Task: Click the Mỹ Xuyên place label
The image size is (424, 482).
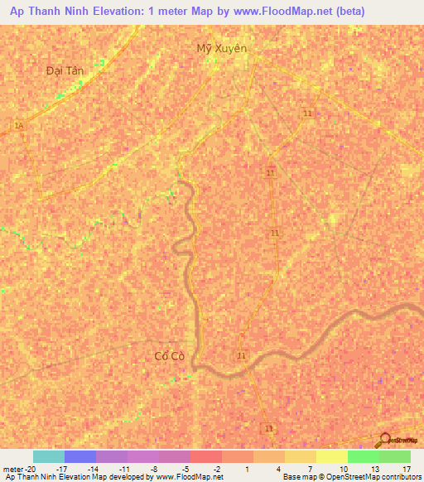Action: (222, 48)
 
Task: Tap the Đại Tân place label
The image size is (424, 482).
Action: (65, 71)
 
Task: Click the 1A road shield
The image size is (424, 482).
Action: (18, 125)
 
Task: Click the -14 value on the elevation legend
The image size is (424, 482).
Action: (93, 468)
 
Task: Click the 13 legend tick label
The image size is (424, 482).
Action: (374, 468)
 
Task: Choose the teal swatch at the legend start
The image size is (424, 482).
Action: (49, 456)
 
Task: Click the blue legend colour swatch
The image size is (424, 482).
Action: (80, 456)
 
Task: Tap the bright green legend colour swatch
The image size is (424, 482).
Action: (364, 456)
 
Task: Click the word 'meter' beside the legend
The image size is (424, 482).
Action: (14, 468)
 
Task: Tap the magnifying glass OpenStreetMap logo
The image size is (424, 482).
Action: (383, 441)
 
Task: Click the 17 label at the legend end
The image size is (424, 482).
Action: (406, 468)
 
